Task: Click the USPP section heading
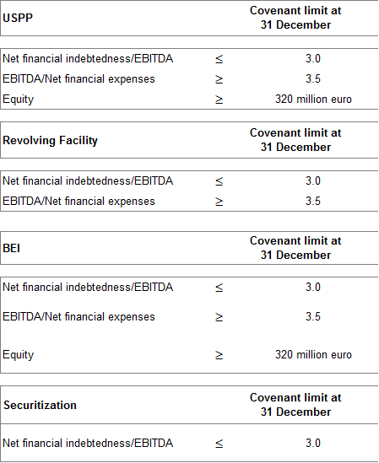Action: [18, 18]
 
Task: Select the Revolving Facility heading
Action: [50, 141]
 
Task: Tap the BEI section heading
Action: [11, 248]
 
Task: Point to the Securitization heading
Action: [40, 405]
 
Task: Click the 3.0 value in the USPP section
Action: [313, 58]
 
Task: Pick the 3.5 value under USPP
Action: [313, 78]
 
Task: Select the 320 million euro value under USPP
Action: [313, 99]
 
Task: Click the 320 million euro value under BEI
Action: [313, 355]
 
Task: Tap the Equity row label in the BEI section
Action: [18, 355]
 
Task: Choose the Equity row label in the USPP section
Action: [18, 100]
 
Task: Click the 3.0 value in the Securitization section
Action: [313, 444]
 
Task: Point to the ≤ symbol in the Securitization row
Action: [219, 444]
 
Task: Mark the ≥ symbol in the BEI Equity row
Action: [219, 355]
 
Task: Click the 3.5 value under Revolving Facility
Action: [313, 201]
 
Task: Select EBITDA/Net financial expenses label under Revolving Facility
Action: [79, 202]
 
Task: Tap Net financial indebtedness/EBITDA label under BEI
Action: [88, 288]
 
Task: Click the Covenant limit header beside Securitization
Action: [295, 405]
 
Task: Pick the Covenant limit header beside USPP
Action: [295, 18]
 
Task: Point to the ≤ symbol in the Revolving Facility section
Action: [219, 181]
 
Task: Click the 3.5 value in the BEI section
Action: [313, 316]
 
